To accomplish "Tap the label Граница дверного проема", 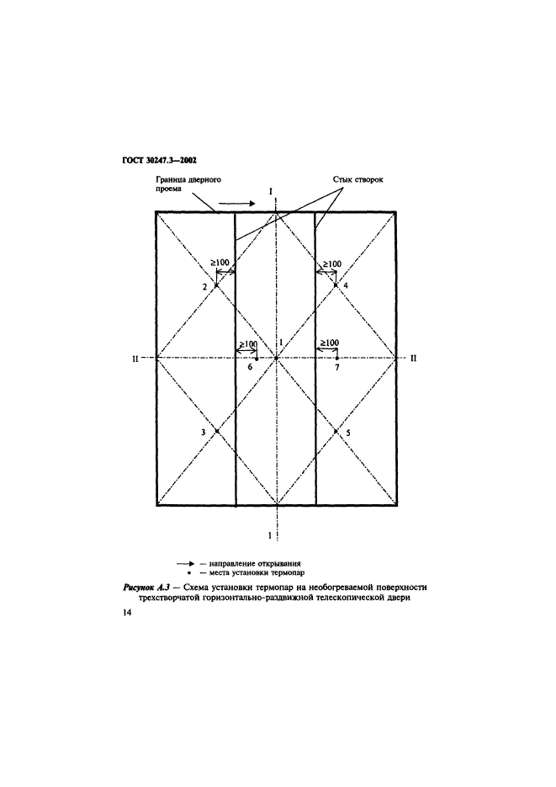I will (x=186, y=183).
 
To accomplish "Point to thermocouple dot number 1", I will (x=277, y=359).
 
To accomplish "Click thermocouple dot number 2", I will (x=216, y=285).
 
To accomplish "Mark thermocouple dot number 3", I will (x=216, y=431).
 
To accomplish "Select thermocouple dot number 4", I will (x=336, y=285).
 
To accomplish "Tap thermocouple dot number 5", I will (x=336, y=431).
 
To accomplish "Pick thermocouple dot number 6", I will (x=257, y=359).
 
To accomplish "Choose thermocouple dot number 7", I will (x=336, y=359).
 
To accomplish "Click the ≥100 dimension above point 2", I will (x=220, y=263).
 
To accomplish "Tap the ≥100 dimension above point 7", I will (x=326, y=343).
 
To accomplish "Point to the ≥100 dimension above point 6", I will (x=247, y=343).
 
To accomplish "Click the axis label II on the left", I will (x=135, y=359).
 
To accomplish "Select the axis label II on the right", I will (x=413, y=359).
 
